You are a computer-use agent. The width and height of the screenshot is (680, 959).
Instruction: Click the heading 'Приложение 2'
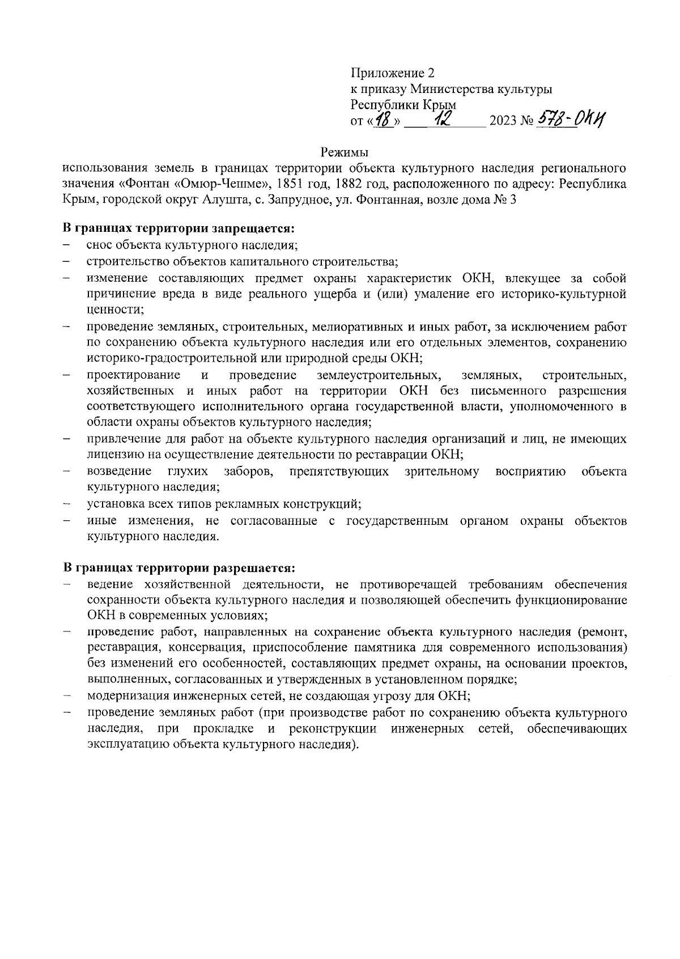click(x=392, y=73)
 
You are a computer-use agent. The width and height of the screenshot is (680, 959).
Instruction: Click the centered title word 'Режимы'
click(x=345, y=152)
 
